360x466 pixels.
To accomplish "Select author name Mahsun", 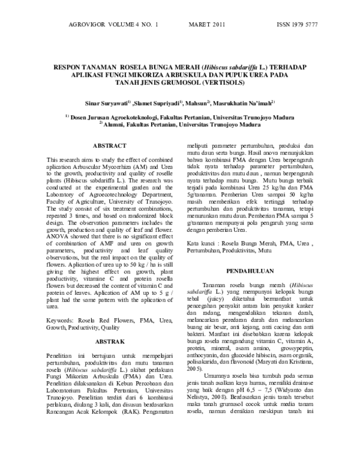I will (x=196, y=103).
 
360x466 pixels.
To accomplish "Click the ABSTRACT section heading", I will (x=109, y=146).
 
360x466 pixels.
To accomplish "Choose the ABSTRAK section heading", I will (x=109, y=342).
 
